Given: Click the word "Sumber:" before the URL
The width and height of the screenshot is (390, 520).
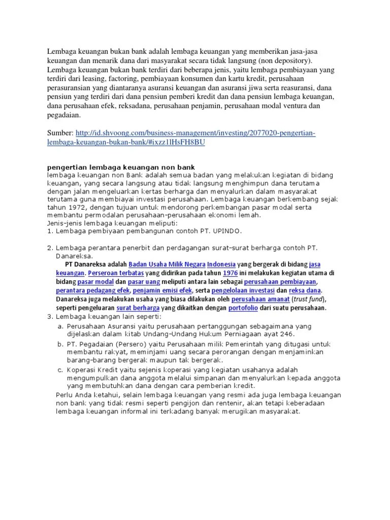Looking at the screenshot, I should [60, 133].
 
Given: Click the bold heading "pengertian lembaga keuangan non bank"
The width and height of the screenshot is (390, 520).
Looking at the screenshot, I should [120, 167].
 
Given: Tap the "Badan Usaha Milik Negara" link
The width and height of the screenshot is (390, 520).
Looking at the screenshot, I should [167, 265].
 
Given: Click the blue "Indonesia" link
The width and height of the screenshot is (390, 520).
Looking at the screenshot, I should [221, 265].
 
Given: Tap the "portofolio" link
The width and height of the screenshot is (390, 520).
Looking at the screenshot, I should [243, 308].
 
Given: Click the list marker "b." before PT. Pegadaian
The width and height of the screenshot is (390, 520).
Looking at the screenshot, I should [60, 344].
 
